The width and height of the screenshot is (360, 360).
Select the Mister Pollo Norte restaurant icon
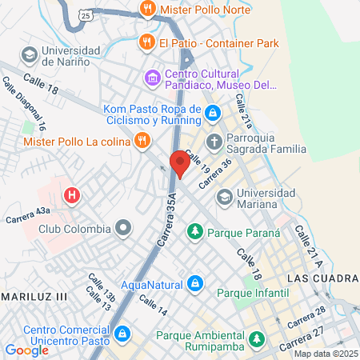click(146, 10)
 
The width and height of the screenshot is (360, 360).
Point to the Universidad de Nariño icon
click(29, 54)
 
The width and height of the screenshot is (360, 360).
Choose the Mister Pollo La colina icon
click(142, 142)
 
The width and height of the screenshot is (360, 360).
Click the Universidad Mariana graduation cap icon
click(225, 196)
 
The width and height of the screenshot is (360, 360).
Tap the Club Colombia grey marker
click(122, 229)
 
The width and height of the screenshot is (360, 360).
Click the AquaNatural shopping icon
click(194, 283)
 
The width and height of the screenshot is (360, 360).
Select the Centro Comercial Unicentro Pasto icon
click(122, 333)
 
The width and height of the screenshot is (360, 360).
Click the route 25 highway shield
click(86, 15)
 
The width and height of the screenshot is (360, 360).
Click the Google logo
click(26, 350)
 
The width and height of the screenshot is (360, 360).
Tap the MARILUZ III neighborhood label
click(36, 295)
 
